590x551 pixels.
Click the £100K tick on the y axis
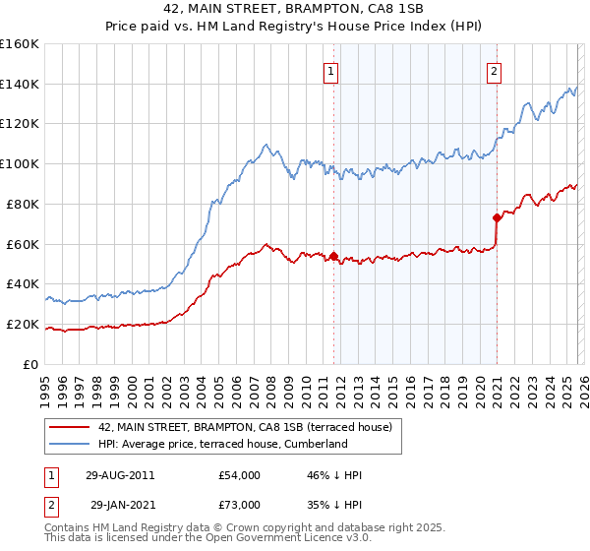(20, 163)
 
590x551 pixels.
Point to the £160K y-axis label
(20, 44)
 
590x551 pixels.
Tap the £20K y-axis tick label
(23, 324)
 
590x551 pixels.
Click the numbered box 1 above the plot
(331, 71)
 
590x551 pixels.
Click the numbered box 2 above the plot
(494, 71)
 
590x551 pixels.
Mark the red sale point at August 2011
(334, 256)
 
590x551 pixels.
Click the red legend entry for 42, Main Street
(245, 427)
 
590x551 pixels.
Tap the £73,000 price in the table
(239, 505)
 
